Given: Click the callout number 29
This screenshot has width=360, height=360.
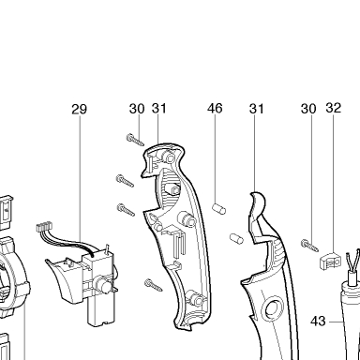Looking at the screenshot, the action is (x=79, y=110).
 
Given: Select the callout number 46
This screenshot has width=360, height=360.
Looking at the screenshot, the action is (x=215, y=109).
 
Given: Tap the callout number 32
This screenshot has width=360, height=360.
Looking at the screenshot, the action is (x=333, y=108).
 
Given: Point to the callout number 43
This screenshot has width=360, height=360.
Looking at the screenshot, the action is (x=318, y=321).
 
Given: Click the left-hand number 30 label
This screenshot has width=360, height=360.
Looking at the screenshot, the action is (x=137, y=109).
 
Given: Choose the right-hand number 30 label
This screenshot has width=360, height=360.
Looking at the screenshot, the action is (x=308, y=109).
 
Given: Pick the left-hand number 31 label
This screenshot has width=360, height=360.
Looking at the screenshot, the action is (x=159, y=109).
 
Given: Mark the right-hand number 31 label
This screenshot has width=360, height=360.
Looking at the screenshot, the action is (x=257, y=109).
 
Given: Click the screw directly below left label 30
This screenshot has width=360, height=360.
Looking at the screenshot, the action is (x=135, y=139).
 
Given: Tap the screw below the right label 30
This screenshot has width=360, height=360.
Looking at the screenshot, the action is (x=309, y=245).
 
